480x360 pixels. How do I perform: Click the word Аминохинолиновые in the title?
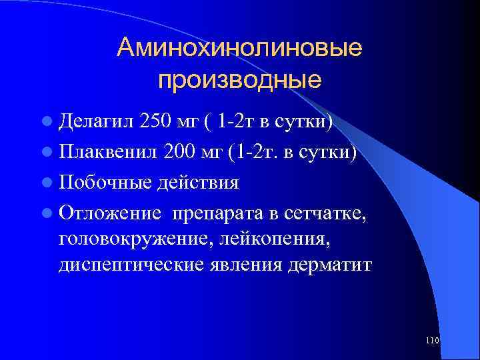pyautogui.click(x=239, y=48)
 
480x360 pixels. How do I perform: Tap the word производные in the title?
pyautogui.click(x=240, y=79)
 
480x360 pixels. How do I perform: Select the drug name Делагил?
pyautogui.click(x=97, y=123)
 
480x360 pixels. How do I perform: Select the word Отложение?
pyautogui.click(x=110, y=213)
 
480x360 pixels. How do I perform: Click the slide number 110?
pyautogui.click(x=431, y=341)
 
